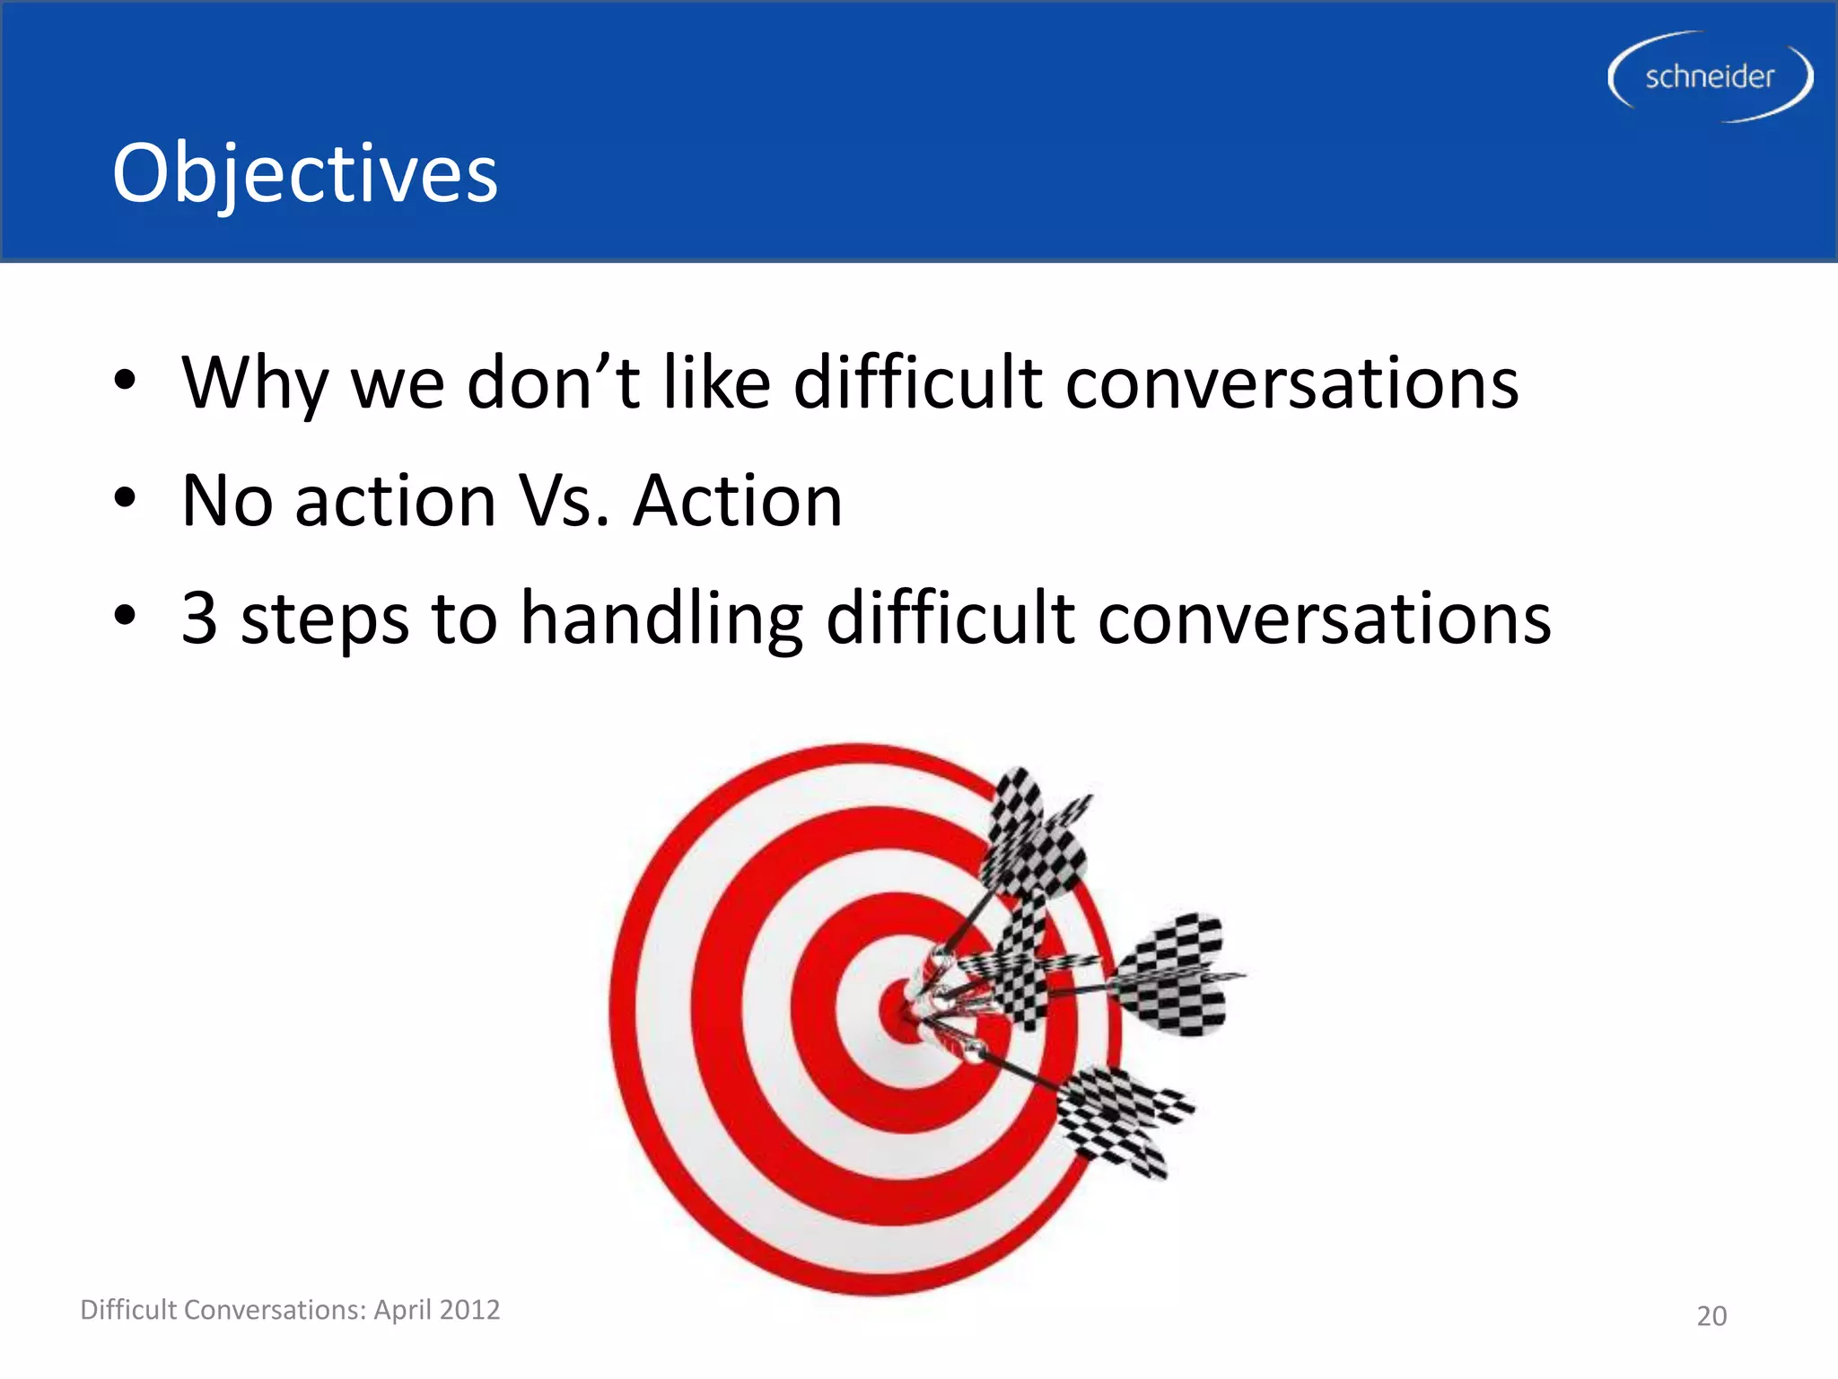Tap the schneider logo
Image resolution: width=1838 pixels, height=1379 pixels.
[1709, 77]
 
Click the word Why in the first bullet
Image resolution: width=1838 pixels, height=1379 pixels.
[254, 383]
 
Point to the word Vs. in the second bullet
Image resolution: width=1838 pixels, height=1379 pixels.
[565, 500]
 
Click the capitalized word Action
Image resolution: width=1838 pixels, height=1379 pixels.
[738, 500]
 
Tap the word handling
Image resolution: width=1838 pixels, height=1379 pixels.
[661, 619]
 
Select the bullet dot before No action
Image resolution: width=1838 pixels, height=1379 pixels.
[125, 497]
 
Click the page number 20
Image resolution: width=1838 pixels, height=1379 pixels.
[1711, 1316]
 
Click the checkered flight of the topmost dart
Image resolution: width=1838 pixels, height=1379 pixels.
[1032, 835]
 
